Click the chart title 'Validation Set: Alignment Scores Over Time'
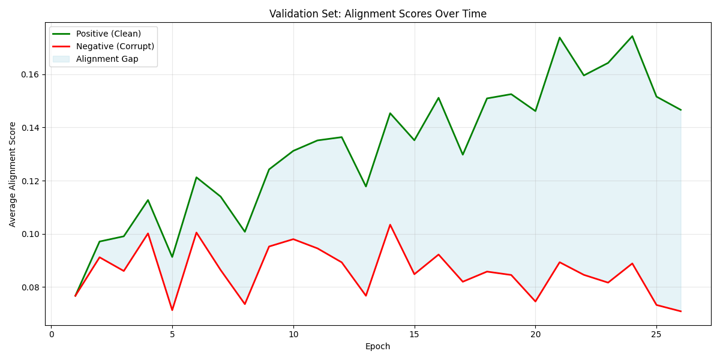coord(377,14)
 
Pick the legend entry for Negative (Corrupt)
coord(115,46)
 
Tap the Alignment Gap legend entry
coord(107,59)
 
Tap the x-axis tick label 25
coord(656,334)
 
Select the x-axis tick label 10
coord(293,334)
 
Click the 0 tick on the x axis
coord(51,334)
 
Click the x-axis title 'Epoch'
coord(377,346)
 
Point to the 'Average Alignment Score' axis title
coord(13,174)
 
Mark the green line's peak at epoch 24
coord(632,36)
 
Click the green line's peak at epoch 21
coord(559,37)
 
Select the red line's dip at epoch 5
coord(172,310)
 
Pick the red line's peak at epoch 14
coord(390,225)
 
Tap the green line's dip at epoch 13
coord(365,187)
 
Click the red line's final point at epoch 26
coord(680,311)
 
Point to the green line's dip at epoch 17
coord(463,155)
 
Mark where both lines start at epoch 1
coord(75,296)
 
